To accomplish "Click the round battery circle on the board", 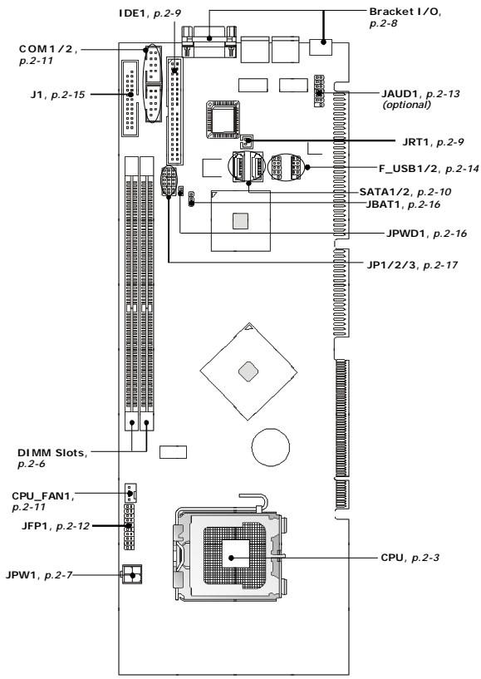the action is pos(271,447).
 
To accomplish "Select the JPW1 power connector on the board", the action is pos(132,574).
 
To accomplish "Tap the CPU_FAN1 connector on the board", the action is pos(130,492).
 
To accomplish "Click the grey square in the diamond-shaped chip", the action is pos(248,371).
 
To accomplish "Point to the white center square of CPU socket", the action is pos(236,554).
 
